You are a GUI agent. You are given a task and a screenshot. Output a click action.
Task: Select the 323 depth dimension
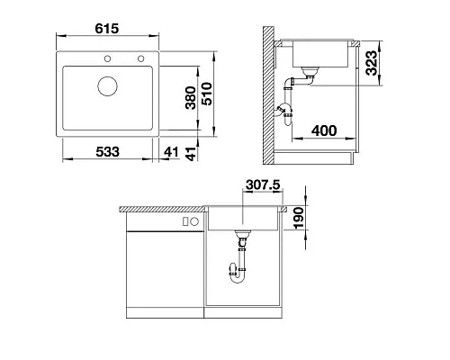(370, 61)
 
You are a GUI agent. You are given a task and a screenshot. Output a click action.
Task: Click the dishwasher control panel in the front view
(192, 221)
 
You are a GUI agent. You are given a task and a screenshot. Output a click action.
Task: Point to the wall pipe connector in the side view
(288, 112)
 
